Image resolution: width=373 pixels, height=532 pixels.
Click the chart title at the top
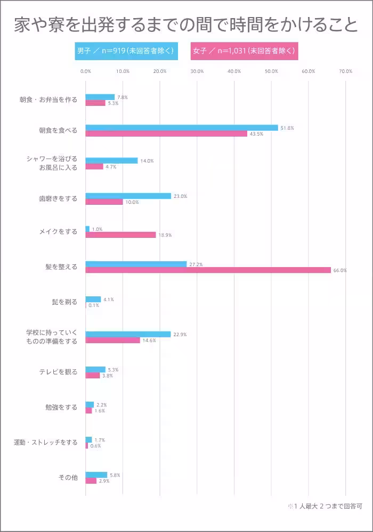[186, 24]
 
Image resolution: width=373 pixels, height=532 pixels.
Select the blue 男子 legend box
[125, 51]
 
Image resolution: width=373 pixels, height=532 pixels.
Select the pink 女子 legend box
[244, 51]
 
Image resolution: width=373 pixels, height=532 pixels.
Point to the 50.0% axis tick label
[271, 71]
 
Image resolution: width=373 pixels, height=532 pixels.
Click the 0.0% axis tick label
[85, 71]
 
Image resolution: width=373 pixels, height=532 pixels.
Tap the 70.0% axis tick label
[345, 71]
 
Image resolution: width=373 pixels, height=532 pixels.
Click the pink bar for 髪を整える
[208, 270]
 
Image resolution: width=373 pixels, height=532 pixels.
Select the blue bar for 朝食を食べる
[181, 128]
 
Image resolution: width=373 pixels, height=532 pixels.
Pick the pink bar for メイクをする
[120, 235]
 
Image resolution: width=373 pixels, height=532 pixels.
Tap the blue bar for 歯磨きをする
[128, 196]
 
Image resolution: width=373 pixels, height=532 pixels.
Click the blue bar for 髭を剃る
[93, 300]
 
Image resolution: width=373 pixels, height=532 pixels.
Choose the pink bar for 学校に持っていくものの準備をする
[112, 340]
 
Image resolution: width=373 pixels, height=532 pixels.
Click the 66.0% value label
[340, 270]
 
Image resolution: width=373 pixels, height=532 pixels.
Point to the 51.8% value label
[287, 128]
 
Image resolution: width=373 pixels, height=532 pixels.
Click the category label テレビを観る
[58, 372]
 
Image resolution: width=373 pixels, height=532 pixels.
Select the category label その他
[68, 477]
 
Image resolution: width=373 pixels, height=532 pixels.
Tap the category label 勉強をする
[61, 408]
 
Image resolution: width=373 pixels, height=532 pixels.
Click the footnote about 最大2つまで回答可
[325, 506]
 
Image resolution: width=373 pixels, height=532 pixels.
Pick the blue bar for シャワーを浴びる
[111, 160]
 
